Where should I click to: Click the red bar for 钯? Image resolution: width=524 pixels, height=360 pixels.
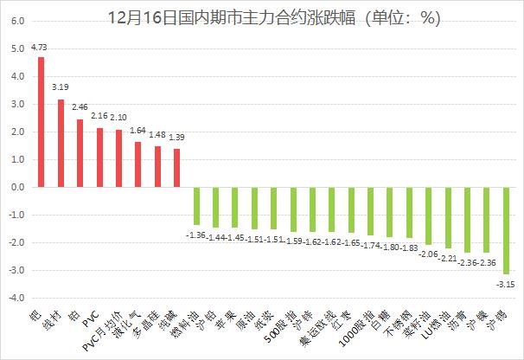click(41, 122)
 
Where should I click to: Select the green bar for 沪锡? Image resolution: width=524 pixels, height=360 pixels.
click(506, 230)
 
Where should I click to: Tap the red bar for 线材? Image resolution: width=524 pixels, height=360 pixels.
click(61, 143)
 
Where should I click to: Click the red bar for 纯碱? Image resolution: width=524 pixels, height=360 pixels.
click(176, 168)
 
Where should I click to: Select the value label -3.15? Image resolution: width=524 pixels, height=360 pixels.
click(505, 282)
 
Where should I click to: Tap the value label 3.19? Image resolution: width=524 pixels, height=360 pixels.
click(61, 87)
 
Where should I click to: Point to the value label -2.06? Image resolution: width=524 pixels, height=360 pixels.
click(428, 254)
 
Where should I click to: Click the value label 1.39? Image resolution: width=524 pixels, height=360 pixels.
click(176, 138)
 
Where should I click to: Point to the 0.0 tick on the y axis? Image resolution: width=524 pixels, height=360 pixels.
click(17, 187)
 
